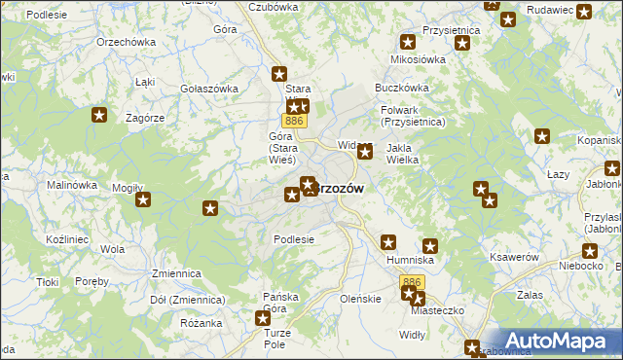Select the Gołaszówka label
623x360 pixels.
click(x=209, y=89)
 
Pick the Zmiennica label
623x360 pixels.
click(x=175, y=274)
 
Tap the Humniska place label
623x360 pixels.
click(x=410, y=261)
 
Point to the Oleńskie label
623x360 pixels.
click(x=360, y=298)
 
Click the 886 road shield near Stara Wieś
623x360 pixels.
click(x=295, y=121)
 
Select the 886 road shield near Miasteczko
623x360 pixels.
click(x=412, y=282)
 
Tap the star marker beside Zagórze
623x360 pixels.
click(x=99, y=116)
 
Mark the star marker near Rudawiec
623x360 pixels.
click(x=583, y=13)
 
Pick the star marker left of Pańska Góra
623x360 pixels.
click(x=262, y=317)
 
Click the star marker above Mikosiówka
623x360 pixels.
click(x=408, y=42)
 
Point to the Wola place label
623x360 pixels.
click(x=112, y=249)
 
